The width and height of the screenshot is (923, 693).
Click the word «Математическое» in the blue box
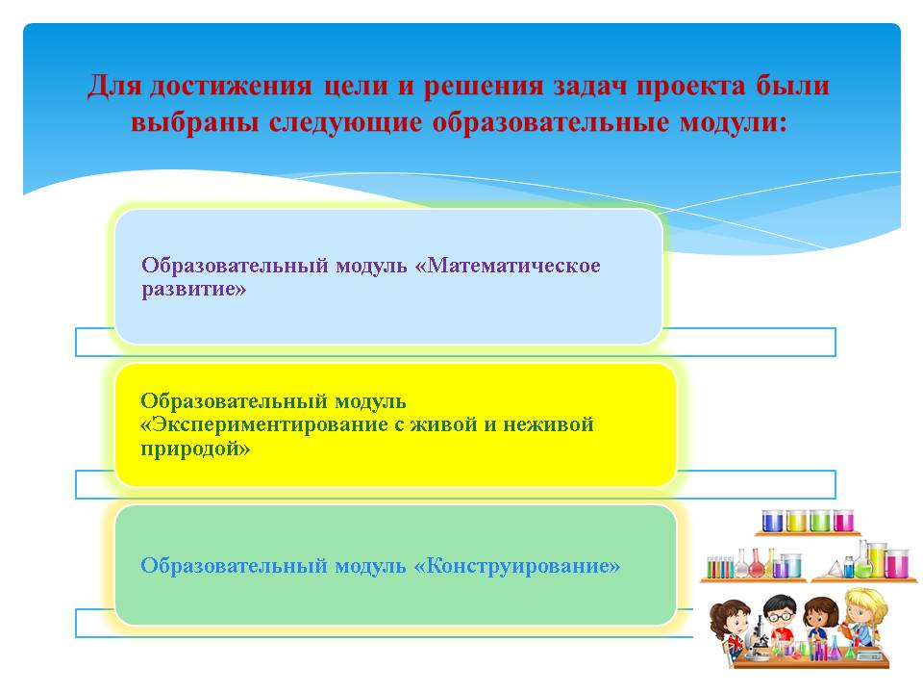coord(512,266)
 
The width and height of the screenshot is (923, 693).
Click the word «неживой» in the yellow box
coord(548,424)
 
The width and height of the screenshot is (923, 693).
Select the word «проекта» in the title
coord(691,86)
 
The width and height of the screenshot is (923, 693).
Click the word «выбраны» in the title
coord(194,122)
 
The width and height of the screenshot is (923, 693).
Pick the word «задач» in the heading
coord(589,86)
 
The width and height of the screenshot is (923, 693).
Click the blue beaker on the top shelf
coord(772,521)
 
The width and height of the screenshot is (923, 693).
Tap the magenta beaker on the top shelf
coord(843,521)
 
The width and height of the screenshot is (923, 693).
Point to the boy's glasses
coord(781,616)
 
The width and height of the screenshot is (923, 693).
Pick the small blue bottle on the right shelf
coord(848,567)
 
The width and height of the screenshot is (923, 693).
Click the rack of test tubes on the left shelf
coord(720,567)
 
